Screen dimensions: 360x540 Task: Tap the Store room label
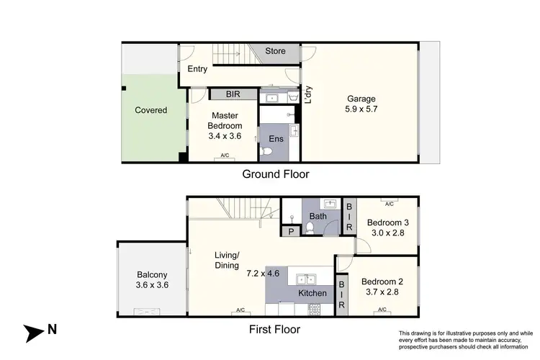(x=275, y=51)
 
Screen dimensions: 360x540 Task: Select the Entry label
(x=197, y=69)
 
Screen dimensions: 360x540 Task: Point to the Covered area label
(x=151, y=110)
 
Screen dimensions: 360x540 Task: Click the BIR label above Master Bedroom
(x=233, y=94)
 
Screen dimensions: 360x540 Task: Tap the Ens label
(x=276, y=138)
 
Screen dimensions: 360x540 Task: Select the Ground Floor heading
(x=276, y=174)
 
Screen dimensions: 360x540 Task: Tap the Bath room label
(x=318, y=216)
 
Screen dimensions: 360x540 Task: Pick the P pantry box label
(x=291, y=233)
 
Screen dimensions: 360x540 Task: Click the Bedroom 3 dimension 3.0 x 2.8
(x=383, y=233)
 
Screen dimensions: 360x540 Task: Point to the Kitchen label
(x=313, y=294)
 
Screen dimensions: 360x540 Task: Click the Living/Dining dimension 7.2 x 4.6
(x=262, y=274)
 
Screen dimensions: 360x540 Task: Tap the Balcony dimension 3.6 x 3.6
(x=152, y=285)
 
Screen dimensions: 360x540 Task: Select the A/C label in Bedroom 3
(x=389, y=203)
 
